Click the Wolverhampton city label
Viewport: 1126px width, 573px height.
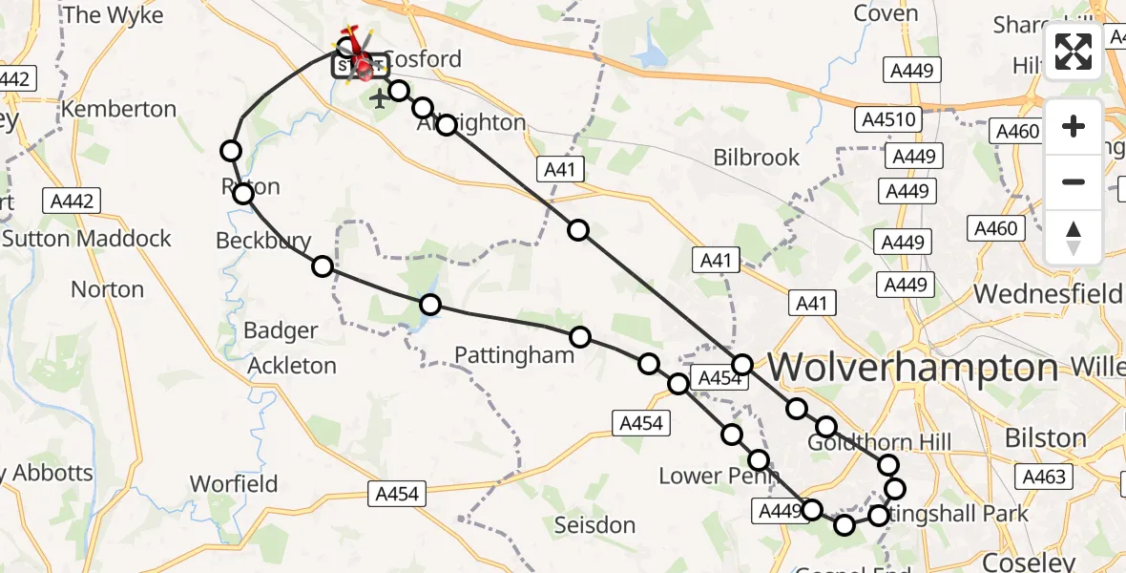coord(913,368)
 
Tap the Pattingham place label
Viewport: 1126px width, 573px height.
coord(514,355)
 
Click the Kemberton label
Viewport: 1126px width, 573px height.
coord(119,109)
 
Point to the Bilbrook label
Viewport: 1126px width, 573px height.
coord(757,158)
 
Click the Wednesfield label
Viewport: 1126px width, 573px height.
coord(1048,293)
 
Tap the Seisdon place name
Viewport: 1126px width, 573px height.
coord(594,524)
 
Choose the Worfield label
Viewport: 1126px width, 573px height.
coord(234,483)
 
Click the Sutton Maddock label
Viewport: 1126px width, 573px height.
coord(87,238)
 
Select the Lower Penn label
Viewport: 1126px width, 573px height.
coord(705,476)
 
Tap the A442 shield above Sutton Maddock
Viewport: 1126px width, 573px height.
coord(73,201)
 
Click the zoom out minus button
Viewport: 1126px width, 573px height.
coord(1074,181)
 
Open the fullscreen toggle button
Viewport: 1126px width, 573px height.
coord(1074,53)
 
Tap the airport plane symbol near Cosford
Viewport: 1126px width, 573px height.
coord(380,97)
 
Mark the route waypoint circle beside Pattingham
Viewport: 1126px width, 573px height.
coord(579,336)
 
